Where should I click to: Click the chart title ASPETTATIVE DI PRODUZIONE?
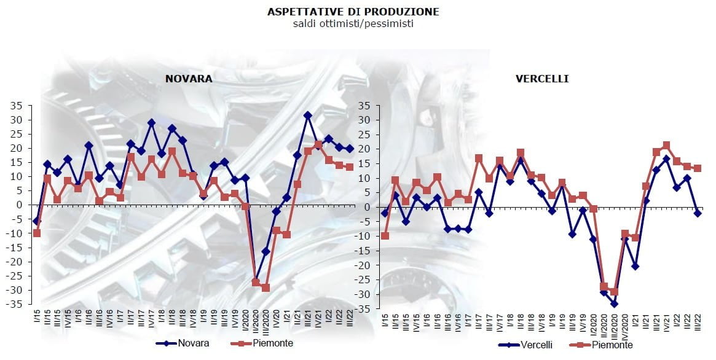pos(353,12)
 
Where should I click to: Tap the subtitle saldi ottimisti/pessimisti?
pos(353,23)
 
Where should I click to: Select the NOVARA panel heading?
pos(188,79)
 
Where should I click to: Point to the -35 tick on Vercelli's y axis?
pos(362,309)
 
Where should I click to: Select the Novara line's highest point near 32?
pos(308,115)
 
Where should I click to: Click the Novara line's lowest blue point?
pos(256,281)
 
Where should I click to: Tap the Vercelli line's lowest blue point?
pos(614,303)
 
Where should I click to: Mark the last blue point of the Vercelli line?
pos(698,213)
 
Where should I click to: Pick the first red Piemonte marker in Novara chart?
pos(37,233)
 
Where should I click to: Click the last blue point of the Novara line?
pos(350,149)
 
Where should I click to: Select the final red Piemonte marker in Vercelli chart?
pos(698,168)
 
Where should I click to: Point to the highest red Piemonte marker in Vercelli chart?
pos(666,146)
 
